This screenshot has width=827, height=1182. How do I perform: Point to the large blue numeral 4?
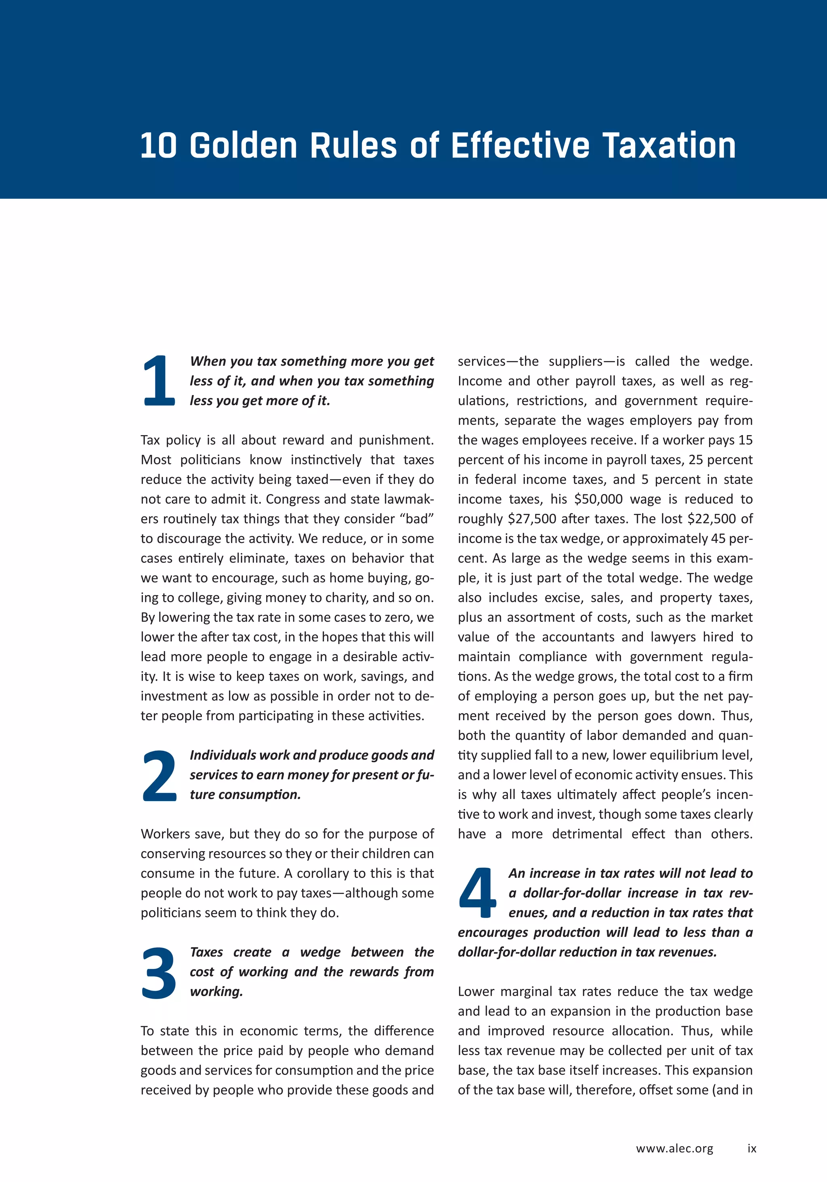[x=477, y=893]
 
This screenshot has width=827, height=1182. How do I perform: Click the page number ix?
[x=752, y=1148]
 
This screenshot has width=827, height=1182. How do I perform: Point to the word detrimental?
[x=587, y=834]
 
